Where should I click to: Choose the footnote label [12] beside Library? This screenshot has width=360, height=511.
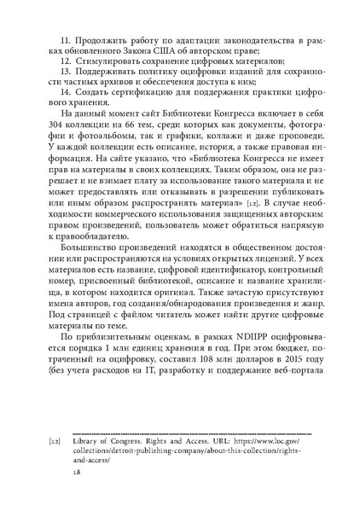pos(55,442)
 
